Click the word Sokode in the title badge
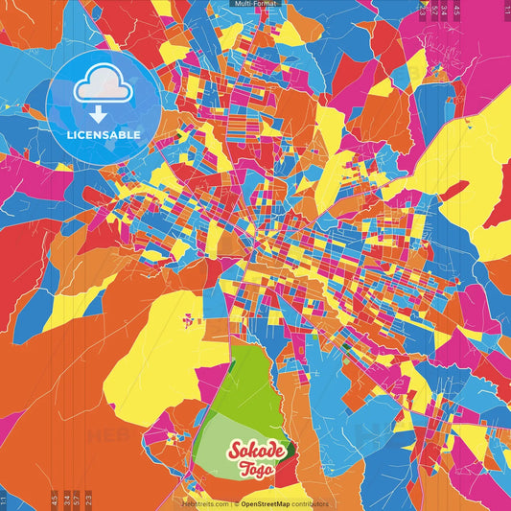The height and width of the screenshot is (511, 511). (254, 452)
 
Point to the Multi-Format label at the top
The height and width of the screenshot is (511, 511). (255, 4)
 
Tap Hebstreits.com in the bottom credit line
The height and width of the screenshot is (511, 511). (206, 503)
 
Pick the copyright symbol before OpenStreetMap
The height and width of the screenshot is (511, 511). (236, 503)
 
